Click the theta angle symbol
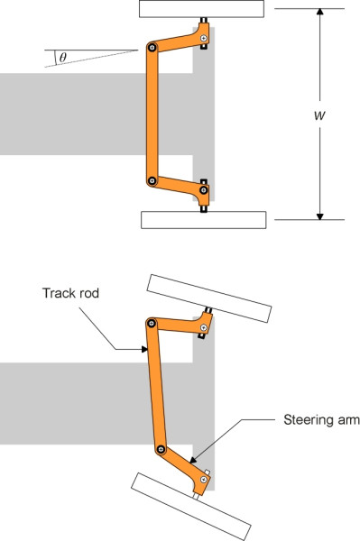point(62,57)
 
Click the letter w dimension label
point(319,115)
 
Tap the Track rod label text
point(70,293)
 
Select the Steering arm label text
point(321,420)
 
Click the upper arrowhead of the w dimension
point(320,11)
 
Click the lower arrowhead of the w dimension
point(320,216)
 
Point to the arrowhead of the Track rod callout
point(144,349)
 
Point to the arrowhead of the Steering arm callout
point(192,460)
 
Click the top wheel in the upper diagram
point(201,9)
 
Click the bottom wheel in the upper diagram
point(204,220)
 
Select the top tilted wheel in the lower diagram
point(209,298)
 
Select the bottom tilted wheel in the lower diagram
point(191,507)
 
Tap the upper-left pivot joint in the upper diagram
point(152,47)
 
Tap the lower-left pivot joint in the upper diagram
point(152,180)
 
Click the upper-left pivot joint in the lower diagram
point(152,323)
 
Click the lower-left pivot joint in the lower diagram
point(161,449)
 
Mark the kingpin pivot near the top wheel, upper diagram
point(204,38)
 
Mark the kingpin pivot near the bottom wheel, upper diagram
point(204,189)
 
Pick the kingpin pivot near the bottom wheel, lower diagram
point(204,480)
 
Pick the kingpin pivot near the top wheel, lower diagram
point(204,327)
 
